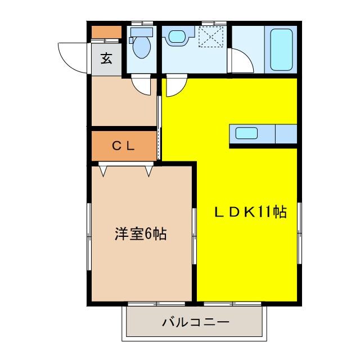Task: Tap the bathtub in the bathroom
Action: tap(282, 49)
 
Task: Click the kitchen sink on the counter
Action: tap(246, 134)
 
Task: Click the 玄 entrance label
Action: tap(106, 58)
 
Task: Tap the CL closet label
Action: tap(123, 146)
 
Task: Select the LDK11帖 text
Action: tap(250, 212)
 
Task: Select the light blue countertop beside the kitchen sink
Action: tap(286, 134)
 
